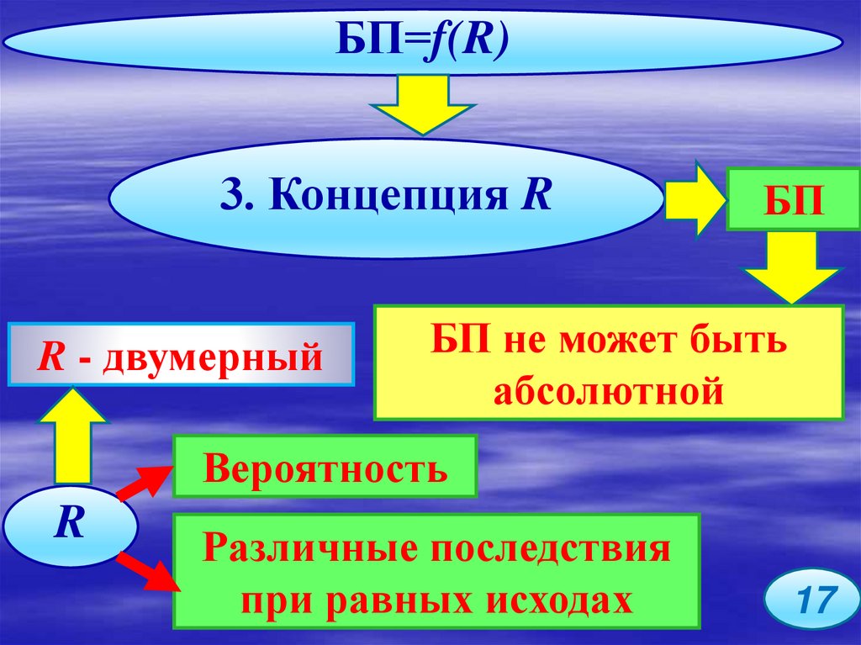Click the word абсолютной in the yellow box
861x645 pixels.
point(609,390)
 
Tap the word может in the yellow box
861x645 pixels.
point(623,342)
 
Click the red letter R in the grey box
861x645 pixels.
point(52,357)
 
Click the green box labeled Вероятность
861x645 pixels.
point(325,467)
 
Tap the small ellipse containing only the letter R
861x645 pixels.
point(69,526)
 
